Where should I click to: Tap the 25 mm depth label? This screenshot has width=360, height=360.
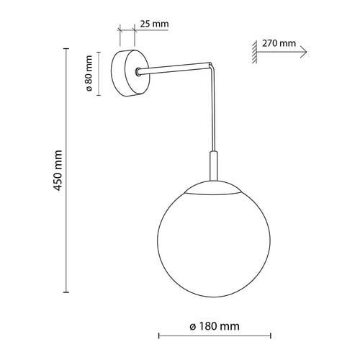(153, 24)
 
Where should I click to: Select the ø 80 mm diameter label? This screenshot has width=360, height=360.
(89, 74)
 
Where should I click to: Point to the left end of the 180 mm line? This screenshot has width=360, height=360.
(158, 336)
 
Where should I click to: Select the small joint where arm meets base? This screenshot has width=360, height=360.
(138, 71)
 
